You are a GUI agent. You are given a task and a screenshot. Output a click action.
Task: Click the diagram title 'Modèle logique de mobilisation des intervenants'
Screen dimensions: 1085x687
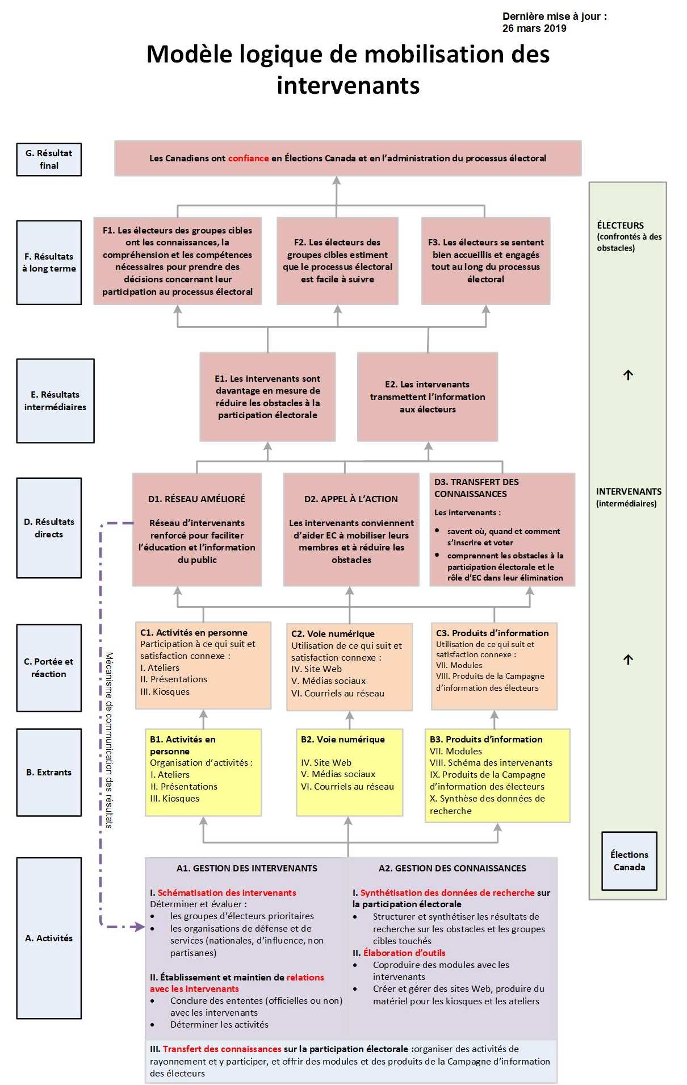pyautogui.click(x=348, y=69)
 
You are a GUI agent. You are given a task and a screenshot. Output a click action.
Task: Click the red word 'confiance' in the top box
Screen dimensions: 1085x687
pyautogui.click(x=248, y=158)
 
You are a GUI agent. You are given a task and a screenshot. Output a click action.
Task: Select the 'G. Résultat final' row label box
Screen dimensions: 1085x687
pyautogui.click(x=49, y=160)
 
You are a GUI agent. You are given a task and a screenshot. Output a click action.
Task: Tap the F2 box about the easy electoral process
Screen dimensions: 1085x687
pyautogui.click(x=337, y=261)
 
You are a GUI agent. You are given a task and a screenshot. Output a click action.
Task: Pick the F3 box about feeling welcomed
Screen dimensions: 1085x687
pyautogui.click(x=485, y=261)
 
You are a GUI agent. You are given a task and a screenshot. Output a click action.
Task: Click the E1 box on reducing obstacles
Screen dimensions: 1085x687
pyautogui.click(x=267, y=397)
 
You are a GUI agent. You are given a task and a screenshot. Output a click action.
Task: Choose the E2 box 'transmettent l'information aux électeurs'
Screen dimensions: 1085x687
pyautogui.click(x=428, y=397)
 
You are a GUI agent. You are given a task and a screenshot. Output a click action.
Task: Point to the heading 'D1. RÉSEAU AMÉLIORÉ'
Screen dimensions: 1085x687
pyautogui.click(x=196, y=499)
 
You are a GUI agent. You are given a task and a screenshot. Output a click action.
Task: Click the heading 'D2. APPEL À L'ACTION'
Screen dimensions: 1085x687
pyautogui.click(x=351, y=499)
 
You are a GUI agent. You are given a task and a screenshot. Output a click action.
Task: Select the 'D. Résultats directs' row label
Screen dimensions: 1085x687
pyautogui.click(x=49, y=528)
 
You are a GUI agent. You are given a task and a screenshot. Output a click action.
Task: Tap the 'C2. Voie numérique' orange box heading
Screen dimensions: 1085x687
pyautogui.click(x=333, y=633)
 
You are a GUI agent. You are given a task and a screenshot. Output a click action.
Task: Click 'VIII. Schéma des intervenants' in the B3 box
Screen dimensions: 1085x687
pyautogui.click(x=491, y=763)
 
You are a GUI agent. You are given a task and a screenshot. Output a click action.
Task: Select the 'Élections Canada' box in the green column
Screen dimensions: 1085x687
pyautogui.click(x=629, y=861)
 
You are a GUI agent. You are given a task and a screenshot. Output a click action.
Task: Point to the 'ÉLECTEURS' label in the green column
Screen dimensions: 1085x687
pyautogui.click(x=620, y=226)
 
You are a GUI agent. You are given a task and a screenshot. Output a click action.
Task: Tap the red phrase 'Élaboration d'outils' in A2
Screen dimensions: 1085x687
pyautogui.click(x=404, y=953)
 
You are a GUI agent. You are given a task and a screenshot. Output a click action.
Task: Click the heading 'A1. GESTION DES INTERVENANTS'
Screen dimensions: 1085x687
pyautogui.click(x=246, y=868)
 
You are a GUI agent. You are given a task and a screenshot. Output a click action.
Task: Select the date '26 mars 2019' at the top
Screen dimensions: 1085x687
pyautogui.click(x=534, y=28)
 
